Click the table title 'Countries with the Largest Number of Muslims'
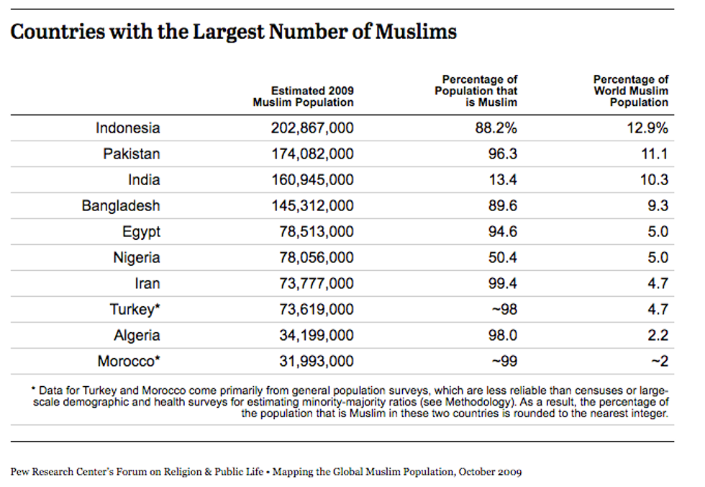pyautogui.click(x=234, y=32)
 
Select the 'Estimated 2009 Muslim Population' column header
pyautogui.click(x=303, y=97)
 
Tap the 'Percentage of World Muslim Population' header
pyautogui.click(x=631, y=91)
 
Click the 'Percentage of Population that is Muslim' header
pyautogui.click(x=476, y=91)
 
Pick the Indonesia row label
pyautogui.click(x=128, y=128)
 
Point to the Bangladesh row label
pyautogui.click(x=121, y=206)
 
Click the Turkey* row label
pyautogui.click(x=135, y=310)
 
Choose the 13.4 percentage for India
pyautogui.click(x=504, y=180)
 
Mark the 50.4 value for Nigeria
pyautogui.click(x=504, y=258)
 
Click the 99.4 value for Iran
pyautogui.click(x=504, y=284)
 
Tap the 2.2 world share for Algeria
pyautogui.click(x=658, y=336)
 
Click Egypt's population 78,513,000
pyautogui.click(x=317, y=232)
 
